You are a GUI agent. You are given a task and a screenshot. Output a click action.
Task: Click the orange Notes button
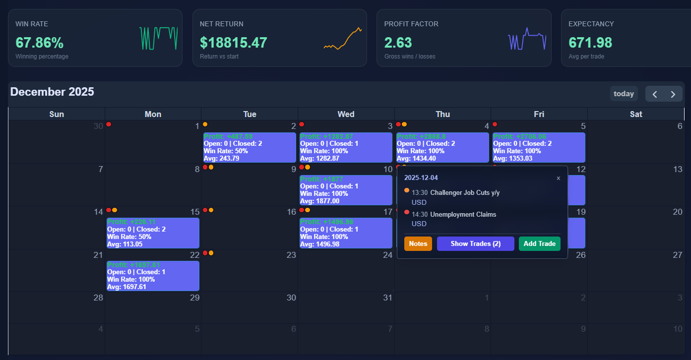pos(418,244)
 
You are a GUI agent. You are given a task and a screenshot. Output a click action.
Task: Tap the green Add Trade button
pos(540,244)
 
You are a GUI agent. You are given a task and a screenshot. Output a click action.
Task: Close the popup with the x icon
pos(559,178)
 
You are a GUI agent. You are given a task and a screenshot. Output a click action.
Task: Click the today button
pos(624,94)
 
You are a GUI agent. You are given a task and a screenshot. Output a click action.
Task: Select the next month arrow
pos(673,94)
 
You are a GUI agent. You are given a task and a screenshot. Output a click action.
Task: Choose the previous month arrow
pos(655,94)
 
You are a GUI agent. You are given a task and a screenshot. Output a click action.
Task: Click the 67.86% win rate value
pos(39,43)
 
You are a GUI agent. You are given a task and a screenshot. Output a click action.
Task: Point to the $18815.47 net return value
pos(234,43)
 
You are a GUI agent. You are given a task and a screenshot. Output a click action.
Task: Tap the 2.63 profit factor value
pos(398,43)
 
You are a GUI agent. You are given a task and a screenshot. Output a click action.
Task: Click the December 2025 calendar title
pos(52,92)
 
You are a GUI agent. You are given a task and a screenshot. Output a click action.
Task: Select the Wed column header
pos(346,114)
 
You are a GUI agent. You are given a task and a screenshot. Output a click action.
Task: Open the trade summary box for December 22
pos(153,276)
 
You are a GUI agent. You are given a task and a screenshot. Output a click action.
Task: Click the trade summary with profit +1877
pos(346,190)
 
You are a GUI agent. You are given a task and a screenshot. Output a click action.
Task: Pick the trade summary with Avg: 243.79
pos(250,147)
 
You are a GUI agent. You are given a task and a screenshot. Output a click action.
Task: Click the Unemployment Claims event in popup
pos(463,215)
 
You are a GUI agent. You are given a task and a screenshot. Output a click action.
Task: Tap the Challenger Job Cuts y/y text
pos(465,193)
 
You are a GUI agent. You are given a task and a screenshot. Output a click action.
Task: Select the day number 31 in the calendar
pos(387,298)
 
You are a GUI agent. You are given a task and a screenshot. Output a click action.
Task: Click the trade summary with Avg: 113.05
pos(153,233)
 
